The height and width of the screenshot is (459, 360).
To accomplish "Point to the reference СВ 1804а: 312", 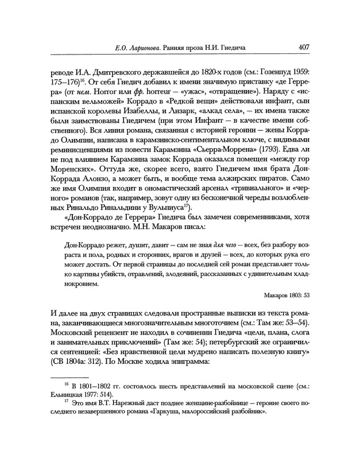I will [78, 363].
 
